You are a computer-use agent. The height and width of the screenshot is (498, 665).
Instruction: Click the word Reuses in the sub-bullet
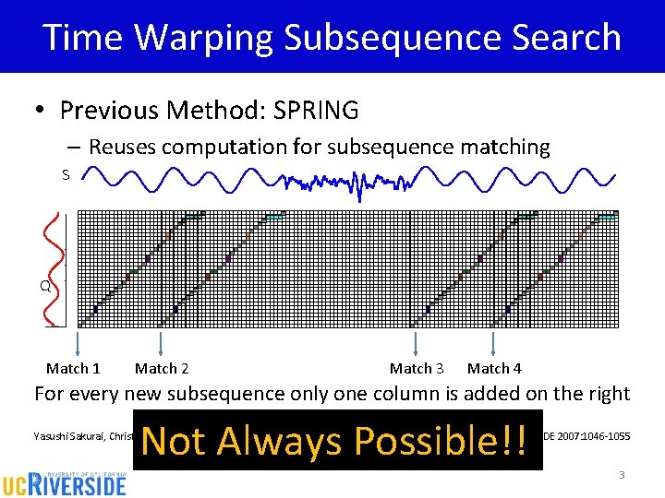124,147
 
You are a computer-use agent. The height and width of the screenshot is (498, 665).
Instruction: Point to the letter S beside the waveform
66,174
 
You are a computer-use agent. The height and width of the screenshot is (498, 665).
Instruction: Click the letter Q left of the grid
44,286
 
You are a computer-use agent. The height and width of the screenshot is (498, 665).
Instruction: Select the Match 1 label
73,368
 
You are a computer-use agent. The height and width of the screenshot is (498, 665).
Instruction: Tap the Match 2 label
162,368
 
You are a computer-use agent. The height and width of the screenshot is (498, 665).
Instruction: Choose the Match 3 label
417,368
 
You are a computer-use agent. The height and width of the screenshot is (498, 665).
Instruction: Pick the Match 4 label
494,368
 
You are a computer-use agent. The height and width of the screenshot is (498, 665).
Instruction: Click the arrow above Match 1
79,343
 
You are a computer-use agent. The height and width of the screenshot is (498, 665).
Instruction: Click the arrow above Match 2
162,343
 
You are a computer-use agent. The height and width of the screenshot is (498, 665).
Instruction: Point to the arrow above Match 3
415,343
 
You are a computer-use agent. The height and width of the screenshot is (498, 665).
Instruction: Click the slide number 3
622,475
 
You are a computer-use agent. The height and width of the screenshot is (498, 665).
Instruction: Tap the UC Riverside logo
64,480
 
